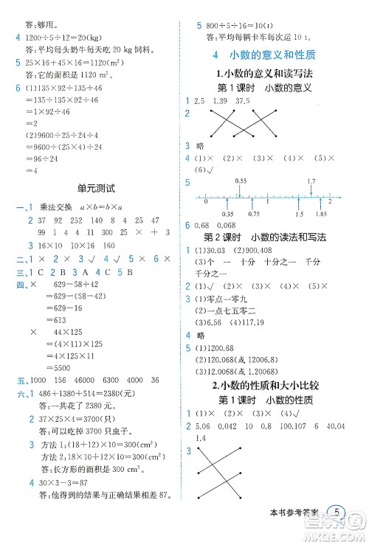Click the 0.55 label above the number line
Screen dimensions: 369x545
(241, 181)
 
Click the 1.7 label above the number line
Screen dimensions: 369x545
(311, 181)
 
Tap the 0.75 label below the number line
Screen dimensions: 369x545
(255, 214)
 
